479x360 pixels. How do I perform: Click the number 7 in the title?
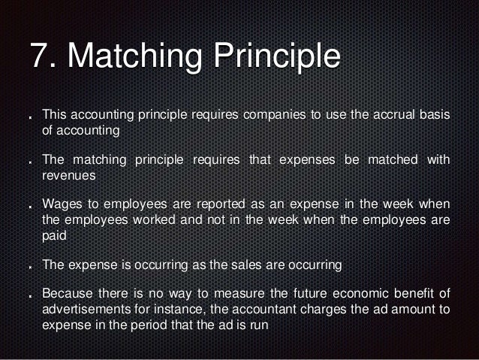pyautogui.click(x=38, y=58)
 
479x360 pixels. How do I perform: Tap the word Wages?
pyautogui.click(x=62, y=204)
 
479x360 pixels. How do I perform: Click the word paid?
pyautogui.click(x=55, y=234)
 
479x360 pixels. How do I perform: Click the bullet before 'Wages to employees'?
pyautogui.click(x=30, y=206)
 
